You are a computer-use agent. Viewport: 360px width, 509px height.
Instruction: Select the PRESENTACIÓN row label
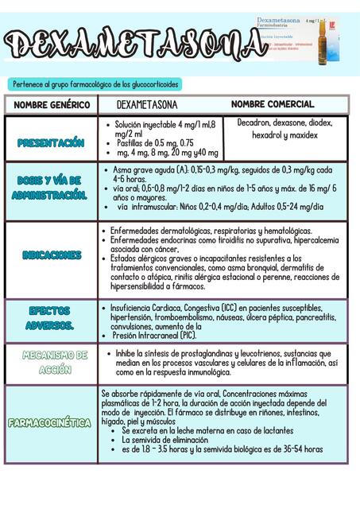click(x=51, y=142)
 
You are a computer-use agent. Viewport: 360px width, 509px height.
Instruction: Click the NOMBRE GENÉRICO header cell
click(x=50, y=105)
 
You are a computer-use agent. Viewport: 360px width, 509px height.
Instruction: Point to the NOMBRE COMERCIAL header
click(x=272, y=104)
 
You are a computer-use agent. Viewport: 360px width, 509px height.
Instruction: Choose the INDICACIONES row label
click(x=52, y=255)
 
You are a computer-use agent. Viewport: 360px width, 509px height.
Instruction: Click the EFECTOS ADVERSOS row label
click(x=50, y=318)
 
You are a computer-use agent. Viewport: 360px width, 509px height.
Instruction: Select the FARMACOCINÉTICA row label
click(x=50, y=422)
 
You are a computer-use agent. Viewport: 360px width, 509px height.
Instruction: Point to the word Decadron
click(x=254, y=123)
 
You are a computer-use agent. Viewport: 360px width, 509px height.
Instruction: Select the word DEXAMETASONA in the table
click(x=146, y=105)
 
